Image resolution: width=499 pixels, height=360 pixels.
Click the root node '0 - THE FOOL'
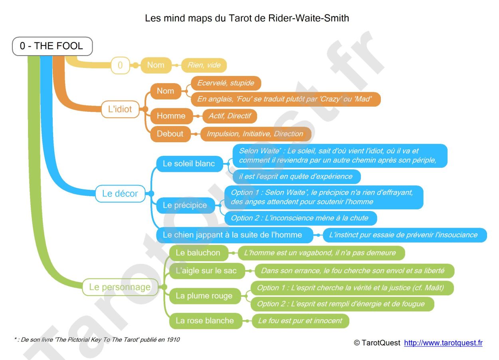point(52,46)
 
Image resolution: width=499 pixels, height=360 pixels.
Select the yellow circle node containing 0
point(120,65)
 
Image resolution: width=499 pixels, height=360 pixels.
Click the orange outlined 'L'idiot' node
point(120,109)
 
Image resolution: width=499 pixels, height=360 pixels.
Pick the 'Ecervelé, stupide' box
point(226,83)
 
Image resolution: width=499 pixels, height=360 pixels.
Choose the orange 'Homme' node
point(171,116)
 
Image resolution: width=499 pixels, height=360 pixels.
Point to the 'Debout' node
point(170,134)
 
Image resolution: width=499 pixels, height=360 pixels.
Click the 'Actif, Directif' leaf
point(230,116)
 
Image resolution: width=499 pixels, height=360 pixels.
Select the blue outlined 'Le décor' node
point(120,193)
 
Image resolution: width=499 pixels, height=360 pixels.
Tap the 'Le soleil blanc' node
point(189,163)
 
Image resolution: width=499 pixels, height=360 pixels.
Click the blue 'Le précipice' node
point(185,205)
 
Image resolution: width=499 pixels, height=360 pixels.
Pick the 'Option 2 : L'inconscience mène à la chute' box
point(299,218)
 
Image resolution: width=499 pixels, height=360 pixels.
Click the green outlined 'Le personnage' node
point(120,287)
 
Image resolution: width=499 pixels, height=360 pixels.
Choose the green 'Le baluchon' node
point(198,253)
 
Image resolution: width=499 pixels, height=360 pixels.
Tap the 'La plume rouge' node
point(204,296)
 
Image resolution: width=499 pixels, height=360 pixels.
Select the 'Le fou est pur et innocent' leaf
point(300,321)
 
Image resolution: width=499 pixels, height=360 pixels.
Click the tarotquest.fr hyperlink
point(443,343)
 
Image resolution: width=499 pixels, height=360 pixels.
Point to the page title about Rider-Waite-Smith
point(247,18)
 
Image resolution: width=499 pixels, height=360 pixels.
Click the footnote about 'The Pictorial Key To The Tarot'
point(96,340)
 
